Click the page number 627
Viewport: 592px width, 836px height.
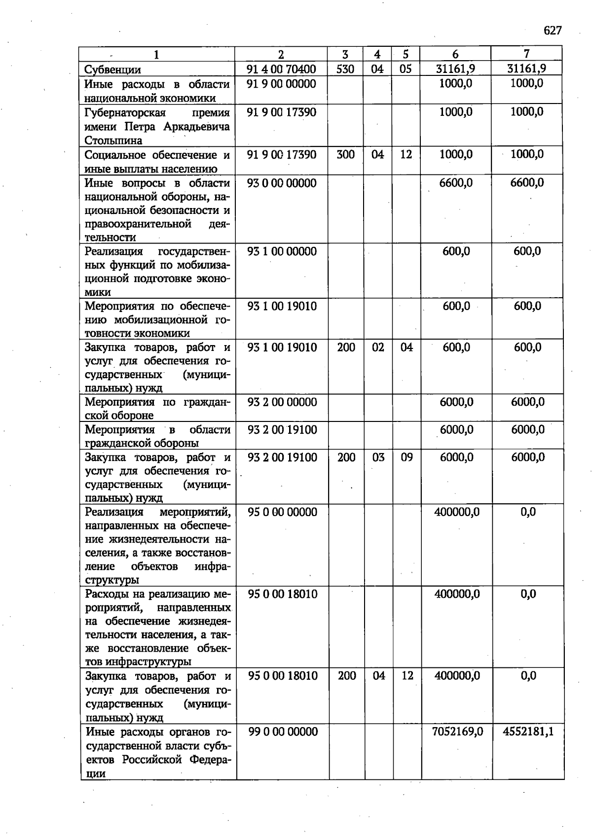[x=553, y=31]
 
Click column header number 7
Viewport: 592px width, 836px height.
[x=526, y=54]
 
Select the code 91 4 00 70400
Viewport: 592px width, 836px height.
[x=281, y=69]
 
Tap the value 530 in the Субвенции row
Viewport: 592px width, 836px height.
[x=345, y=69]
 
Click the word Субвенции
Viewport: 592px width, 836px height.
[x=112, y=70]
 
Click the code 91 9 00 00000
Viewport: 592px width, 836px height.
[x=281, y=84]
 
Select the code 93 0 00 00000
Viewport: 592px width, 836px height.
[x=282, y=183]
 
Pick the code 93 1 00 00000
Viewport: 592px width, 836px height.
[x=282, y=251]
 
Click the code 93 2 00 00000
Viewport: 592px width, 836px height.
[x=282, y=402]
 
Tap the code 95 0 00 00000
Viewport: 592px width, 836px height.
[x=282, y=512]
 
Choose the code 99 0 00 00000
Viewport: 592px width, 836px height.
[x=283, y=732]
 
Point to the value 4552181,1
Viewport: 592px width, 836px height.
[x=528, y=731]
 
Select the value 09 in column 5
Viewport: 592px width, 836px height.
[x=407, y=457]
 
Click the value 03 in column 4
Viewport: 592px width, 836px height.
[x=378, y=457]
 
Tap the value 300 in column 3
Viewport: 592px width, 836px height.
[x=345, y=155]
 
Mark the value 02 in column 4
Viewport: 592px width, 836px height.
[x=378, y=348]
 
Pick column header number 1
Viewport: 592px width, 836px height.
[x=156, y=55]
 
